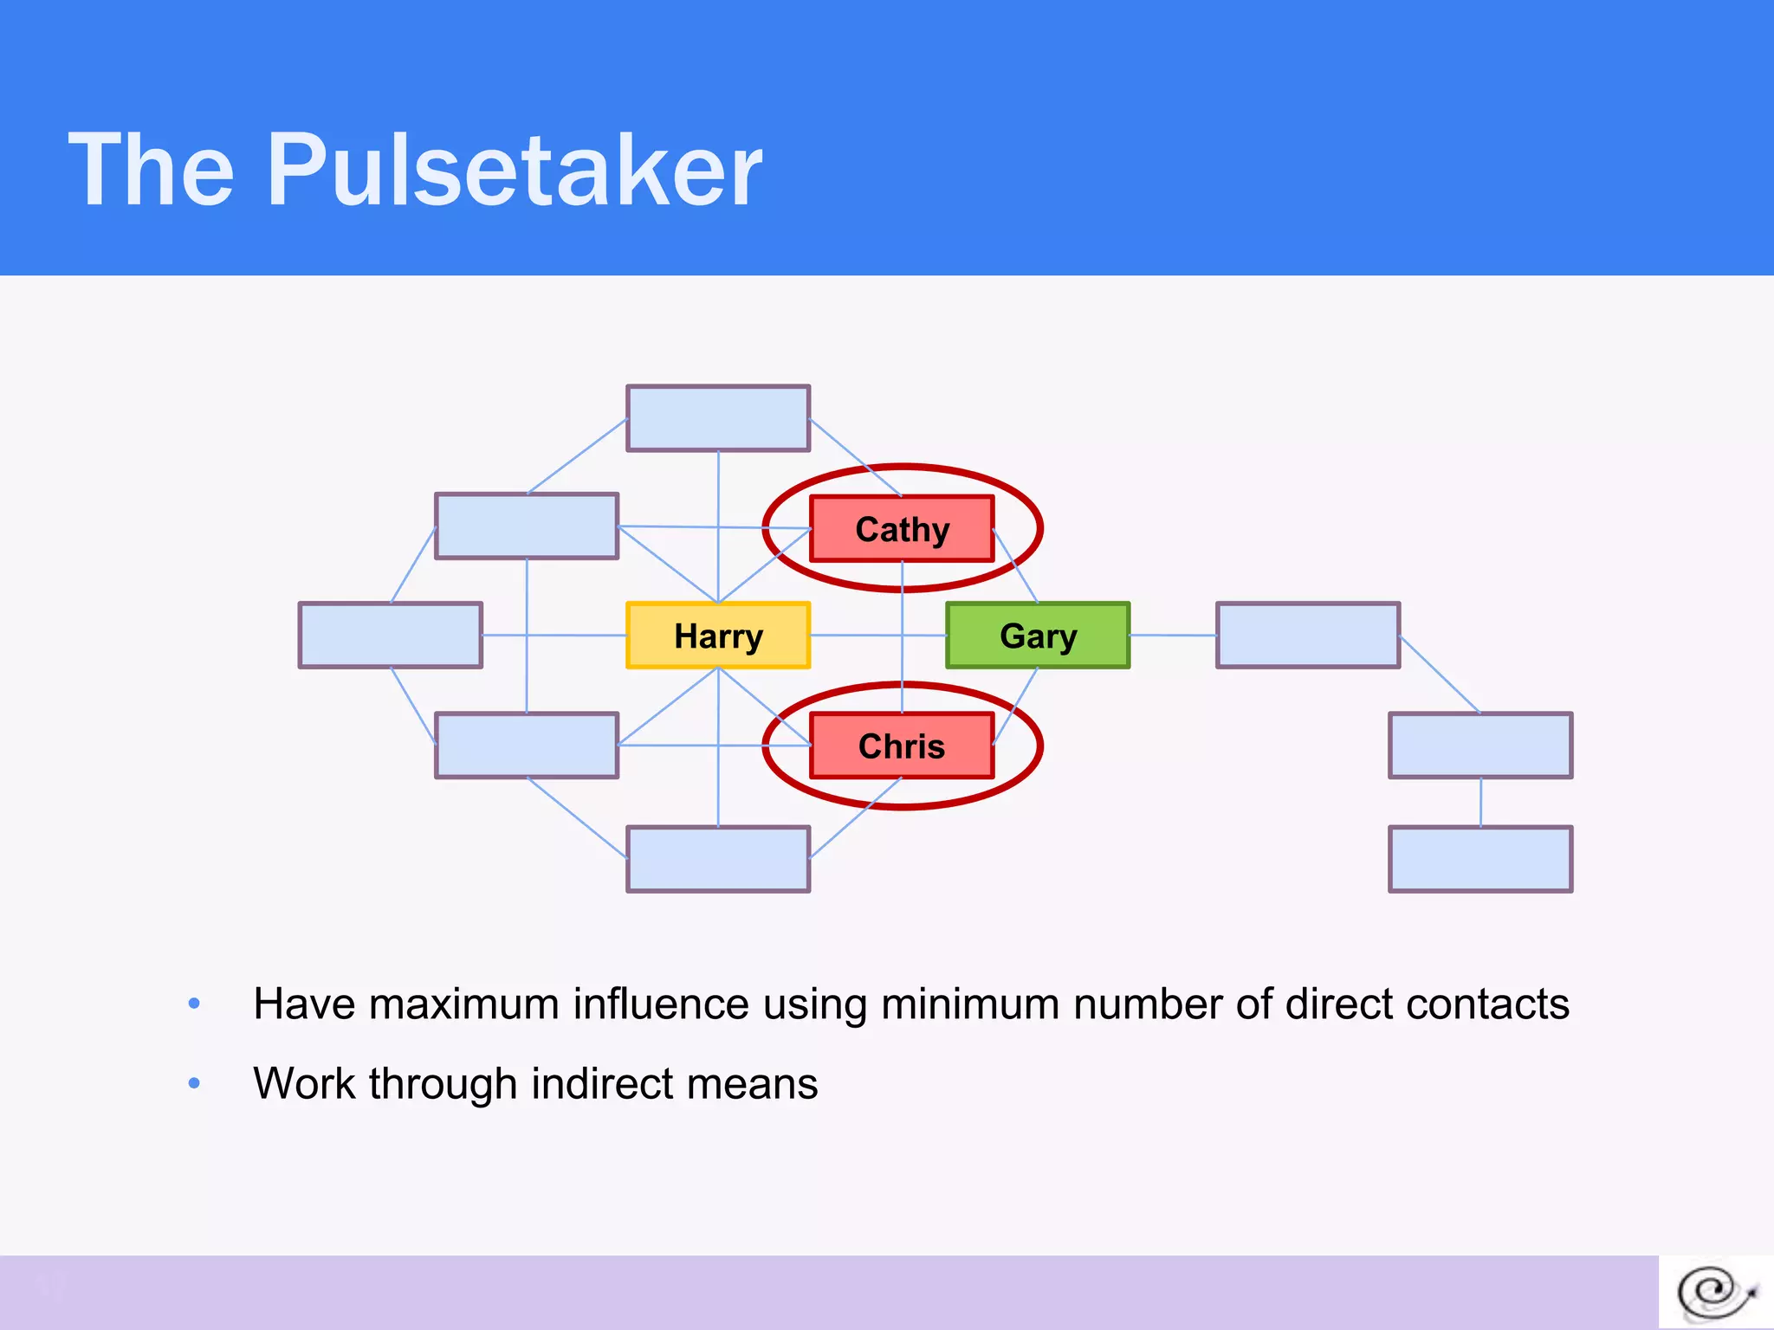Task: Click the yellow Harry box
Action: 718,636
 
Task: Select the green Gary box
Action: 1038,636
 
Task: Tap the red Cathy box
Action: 902,529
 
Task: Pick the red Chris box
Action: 902,746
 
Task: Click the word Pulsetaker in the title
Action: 515,170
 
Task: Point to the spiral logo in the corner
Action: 1715,1294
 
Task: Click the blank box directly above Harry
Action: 718,418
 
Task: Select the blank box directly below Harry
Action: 718,859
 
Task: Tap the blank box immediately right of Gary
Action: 1308,636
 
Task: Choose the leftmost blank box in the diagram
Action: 391,636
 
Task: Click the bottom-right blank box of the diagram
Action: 1480,859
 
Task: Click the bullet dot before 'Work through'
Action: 194,1083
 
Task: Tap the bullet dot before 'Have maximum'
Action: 194,1004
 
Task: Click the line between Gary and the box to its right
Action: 1173,636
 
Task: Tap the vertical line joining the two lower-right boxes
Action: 1480,802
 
